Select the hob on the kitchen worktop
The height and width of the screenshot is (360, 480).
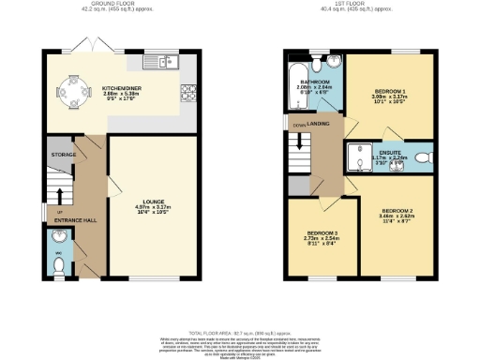tap(187, 92)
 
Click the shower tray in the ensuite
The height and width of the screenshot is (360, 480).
tap(360, 157)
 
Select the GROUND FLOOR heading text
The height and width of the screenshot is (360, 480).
tap(119, 5)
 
